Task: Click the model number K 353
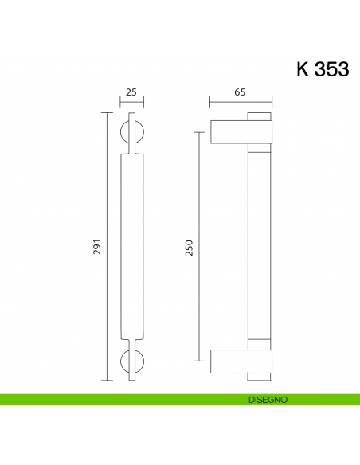[323, 69]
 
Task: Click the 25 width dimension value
[131, 92]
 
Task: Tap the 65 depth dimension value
[240, 92]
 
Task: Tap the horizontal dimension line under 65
[241, 102]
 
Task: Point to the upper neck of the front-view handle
[131, 149]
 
